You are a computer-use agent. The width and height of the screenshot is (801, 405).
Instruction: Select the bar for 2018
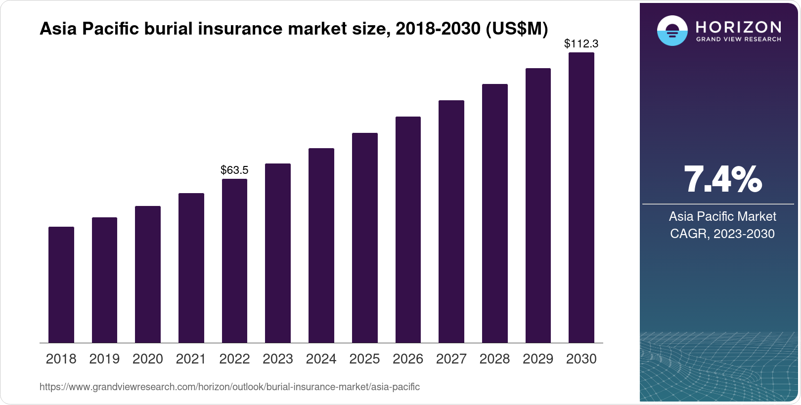(61, 285)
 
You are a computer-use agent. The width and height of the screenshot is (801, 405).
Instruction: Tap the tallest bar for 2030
(581, 198)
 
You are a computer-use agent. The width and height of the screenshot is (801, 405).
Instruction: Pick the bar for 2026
(408, 230)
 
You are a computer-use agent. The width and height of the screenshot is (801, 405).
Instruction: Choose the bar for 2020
(148, 275)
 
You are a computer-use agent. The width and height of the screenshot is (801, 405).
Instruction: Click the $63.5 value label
(234, 170)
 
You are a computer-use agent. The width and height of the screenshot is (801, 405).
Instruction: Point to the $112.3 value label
(581, 44)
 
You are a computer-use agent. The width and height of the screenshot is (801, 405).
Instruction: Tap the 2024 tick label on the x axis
(321, 359)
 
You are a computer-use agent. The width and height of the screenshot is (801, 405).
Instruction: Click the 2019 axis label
(104, 359)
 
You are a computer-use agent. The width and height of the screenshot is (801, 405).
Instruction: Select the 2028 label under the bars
(494, 359)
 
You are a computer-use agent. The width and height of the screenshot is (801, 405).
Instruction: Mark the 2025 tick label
(364, 359)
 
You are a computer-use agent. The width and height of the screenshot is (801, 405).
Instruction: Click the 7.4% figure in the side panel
(722, 180)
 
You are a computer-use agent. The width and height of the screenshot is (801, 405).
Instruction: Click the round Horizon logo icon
(672, 31)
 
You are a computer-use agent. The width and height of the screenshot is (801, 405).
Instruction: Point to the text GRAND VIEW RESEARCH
(738, 40)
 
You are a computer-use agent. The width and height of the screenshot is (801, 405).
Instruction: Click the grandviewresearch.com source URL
(229, 387)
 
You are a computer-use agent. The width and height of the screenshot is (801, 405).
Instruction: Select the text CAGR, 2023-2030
(722, 234)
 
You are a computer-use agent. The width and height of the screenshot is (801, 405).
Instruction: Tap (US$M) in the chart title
(517, 29)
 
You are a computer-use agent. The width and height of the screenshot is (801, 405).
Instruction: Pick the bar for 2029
(538, 205)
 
